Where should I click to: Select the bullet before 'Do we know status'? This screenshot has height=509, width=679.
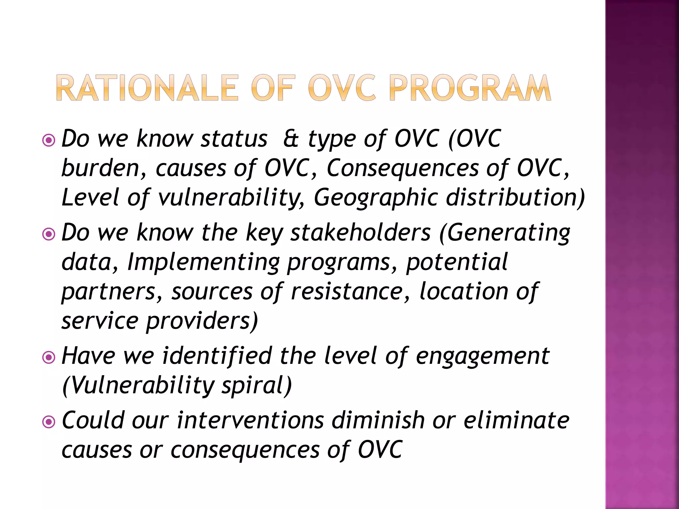[49, 141]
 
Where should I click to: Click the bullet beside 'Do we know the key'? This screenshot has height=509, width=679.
[49, 235]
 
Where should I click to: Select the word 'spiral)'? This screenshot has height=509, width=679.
[257, 386]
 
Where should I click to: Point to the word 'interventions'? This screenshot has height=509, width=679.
[250, 421]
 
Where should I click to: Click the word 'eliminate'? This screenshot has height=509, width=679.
[516, 421]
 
